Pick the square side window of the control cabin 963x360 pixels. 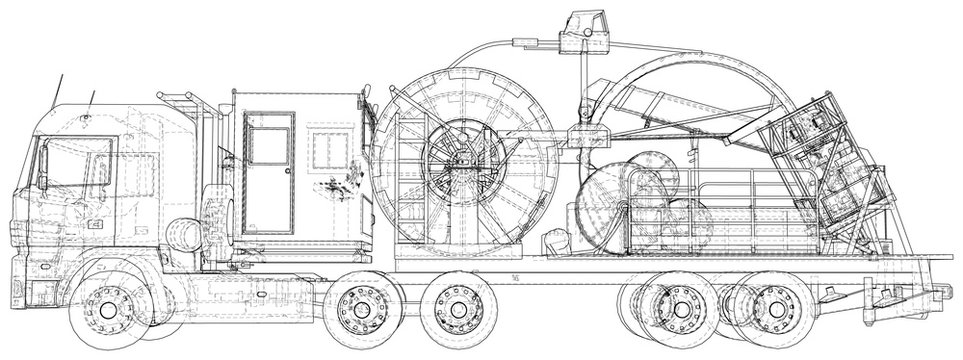click(329, 149)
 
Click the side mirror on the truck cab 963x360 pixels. click(42, 165)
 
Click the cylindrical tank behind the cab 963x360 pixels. click(183, 234)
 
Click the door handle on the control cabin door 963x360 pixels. click(287, 171)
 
